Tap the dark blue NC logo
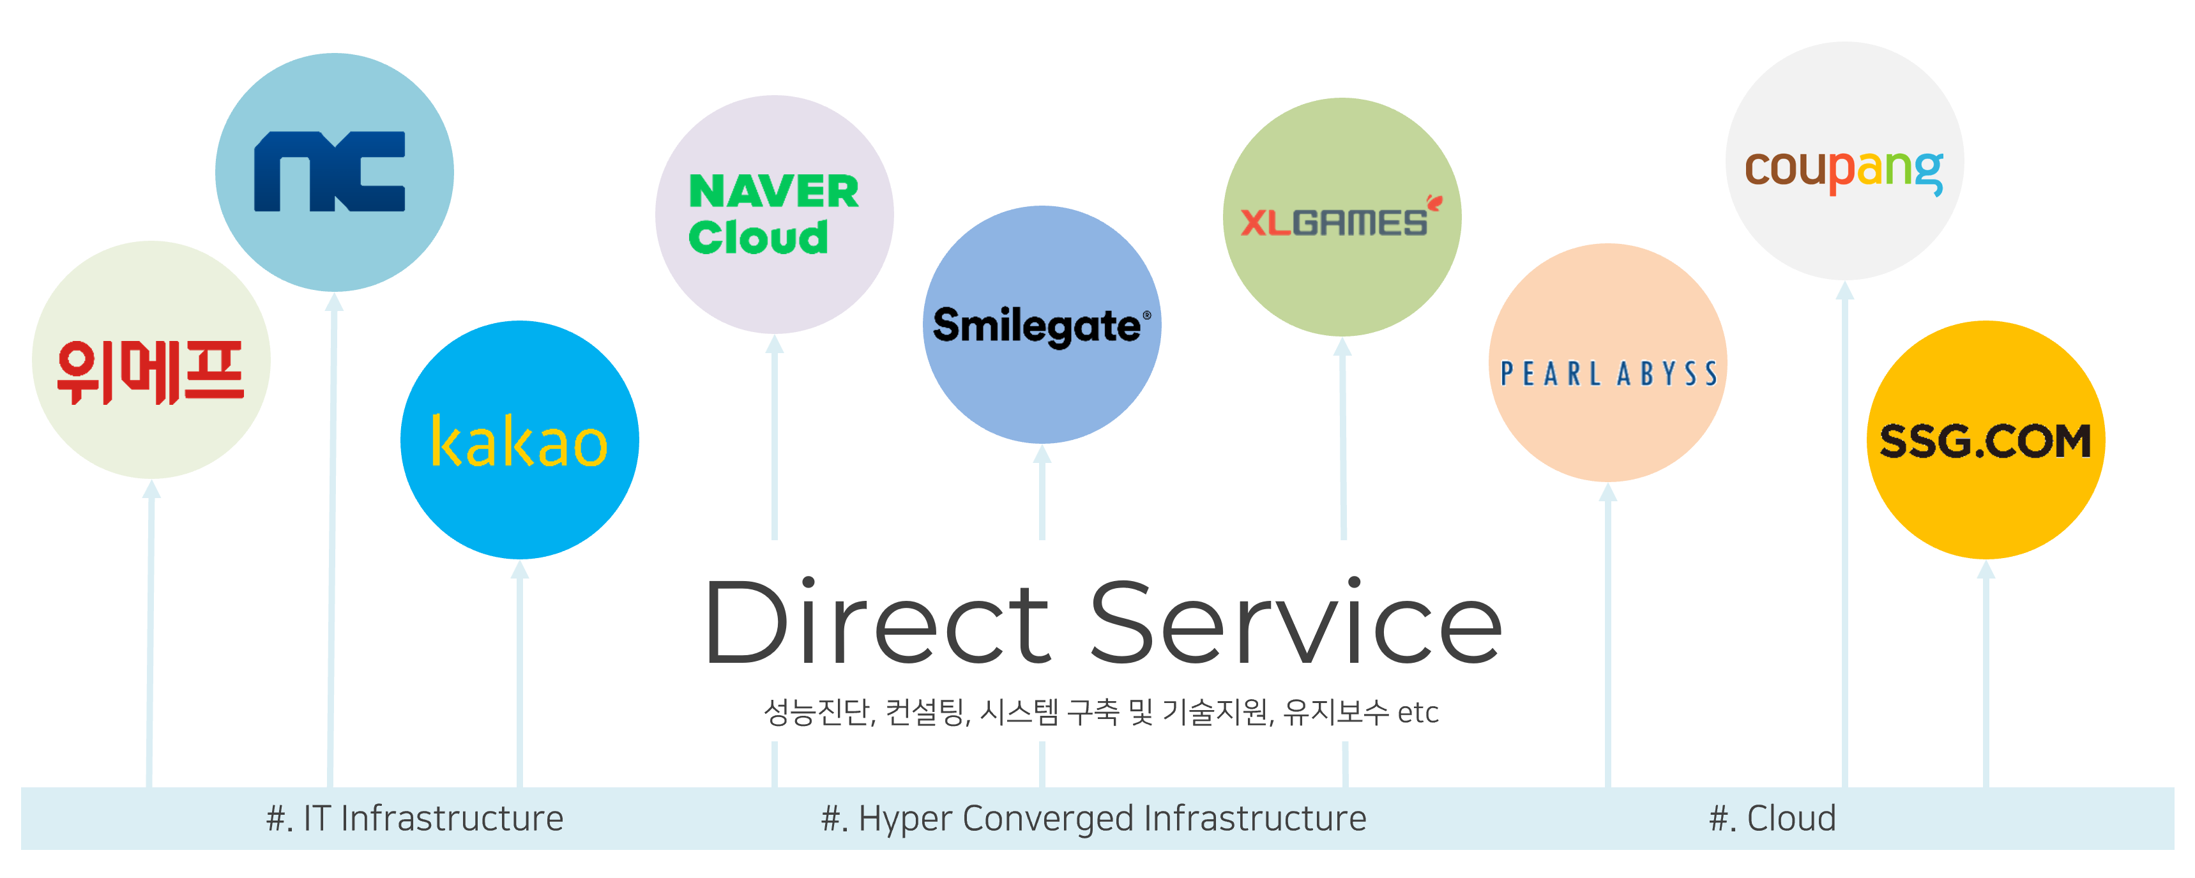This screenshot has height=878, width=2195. [330, 171]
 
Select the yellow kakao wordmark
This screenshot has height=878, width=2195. [519, 442]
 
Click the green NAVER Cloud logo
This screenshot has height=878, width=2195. [773, 214]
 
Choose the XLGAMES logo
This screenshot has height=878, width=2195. [1334, 222]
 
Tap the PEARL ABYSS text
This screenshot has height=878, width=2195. [1608, 374]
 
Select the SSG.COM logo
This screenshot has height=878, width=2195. [1986, 441]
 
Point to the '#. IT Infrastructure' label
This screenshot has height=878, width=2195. [415, 819]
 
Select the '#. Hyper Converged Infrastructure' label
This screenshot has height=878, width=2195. [1093, 819]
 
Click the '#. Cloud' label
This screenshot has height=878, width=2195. [1772, 819]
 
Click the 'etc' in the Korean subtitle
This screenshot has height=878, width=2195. [1418, 713]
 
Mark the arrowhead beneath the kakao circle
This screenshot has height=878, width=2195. [520, 569]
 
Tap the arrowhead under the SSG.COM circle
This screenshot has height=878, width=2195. [1986, 569]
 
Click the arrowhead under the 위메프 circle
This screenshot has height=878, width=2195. [151, 489]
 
